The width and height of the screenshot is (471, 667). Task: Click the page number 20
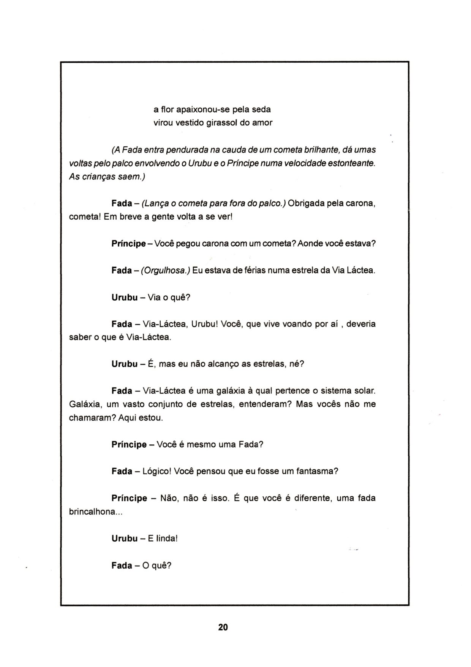[x=223, y=627]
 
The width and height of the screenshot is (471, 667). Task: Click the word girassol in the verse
[x=222, y=123]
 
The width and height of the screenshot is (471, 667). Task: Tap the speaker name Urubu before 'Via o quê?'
[x=125, y=297]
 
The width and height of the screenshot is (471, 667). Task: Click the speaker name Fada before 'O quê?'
[x=122, y=566]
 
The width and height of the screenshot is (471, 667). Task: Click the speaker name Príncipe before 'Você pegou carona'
[x=128, y=244]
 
